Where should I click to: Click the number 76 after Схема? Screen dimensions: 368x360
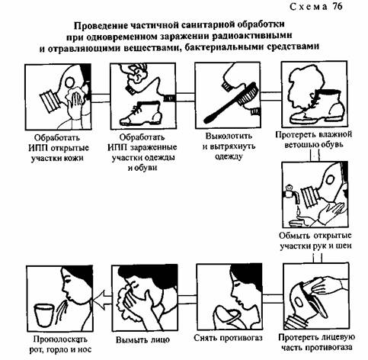[x=337, y=7]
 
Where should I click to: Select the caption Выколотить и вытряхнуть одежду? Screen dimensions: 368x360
[x=229, y=146]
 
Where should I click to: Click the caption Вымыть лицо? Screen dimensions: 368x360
[x=142, y=340]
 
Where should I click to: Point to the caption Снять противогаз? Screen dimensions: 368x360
[x=228, y=338]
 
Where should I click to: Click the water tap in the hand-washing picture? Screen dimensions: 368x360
[x=292, y=194]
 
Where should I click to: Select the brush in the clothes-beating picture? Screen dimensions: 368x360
[x=232, y=102]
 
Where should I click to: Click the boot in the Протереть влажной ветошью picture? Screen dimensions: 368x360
[x=318, y=106]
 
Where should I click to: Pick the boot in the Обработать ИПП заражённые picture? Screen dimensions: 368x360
[x=141, y=113]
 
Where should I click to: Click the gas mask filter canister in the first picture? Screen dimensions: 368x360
[x=50, y=101]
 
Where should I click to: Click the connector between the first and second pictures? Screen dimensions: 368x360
[x=101, y=98]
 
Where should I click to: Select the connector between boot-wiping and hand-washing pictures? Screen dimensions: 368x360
[x=315, y=155]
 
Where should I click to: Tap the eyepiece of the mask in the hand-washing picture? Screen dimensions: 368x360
[x=330, y=180]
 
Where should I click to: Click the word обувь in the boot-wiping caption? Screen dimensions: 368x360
[x=331, y=144]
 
